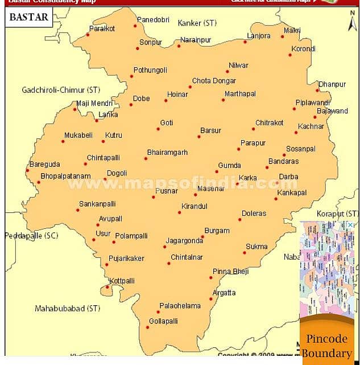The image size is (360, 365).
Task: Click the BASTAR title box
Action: pos(29,17)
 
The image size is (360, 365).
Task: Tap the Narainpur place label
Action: pos(196,39)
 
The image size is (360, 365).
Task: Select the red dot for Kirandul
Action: pos(179,212)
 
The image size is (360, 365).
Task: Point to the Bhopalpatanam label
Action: pos(65,177)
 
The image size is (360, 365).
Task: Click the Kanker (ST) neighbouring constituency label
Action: pos(197,23)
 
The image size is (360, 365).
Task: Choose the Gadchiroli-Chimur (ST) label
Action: pos(61,90)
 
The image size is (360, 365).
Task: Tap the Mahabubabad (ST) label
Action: pos(67,309)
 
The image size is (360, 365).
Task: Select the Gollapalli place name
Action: pos(163,321)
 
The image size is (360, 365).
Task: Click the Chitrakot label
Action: pos(269,123)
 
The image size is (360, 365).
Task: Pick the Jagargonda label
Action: pos(184,241)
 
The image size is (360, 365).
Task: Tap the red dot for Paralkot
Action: pos(88,35)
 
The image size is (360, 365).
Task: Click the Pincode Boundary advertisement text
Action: pos(326,346)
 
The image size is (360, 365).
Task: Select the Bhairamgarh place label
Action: pos(167,153)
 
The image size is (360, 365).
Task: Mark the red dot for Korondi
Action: pos(289,55)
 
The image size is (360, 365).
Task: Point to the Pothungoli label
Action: pos(150,71)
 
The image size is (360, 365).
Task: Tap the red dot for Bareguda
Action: pos(27,170)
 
